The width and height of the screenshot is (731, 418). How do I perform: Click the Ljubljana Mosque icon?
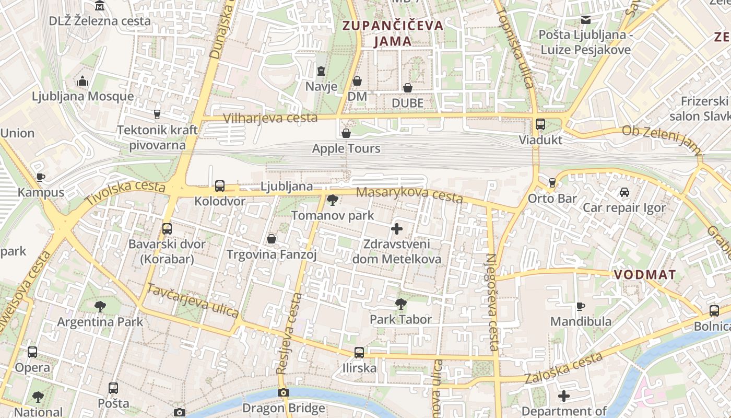[82, 81]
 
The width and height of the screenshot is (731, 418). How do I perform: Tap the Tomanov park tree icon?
[332, 200]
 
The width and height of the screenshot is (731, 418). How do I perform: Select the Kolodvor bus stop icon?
[220, 186]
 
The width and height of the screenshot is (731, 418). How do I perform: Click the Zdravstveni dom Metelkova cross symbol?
[397, 229]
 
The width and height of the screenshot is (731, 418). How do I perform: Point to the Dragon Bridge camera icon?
[284, 392]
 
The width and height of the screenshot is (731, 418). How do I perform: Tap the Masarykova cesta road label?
[409, 195]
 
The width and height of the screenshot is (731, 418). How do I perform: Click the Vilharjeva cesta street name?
[270, 118]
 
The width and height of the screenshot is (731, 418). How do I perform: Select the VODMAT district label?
[645, 275]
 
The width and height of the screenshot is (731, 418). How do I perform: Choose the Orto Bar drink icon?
[552, 183]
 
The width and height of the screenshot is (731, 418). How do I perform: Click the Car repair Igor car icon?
[624, 192]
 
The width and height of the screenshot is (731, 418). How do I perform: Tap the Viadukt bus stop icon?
[540, 124]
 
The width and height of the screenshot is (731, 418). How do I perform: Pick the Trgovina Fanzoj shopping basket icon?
[272, 239]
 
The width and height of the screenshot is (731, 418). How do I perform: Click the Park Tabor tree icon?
[400, 304]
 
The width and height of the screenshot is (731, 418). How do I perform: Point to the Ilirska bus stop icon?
[359, 353]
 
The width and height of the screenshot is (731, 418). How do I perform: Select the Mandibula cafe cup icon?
[580, 306]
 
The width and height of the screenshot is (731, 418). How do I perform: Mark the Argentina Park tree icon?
[100, 307]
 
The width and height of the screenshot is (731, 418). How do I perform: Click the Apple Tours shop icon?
[346, 133]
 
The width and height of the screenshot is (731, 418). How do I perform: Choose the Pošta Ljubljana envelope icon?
[586, 20]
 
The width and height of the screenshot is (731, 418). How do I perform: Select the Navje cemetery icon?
[321, 71]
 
